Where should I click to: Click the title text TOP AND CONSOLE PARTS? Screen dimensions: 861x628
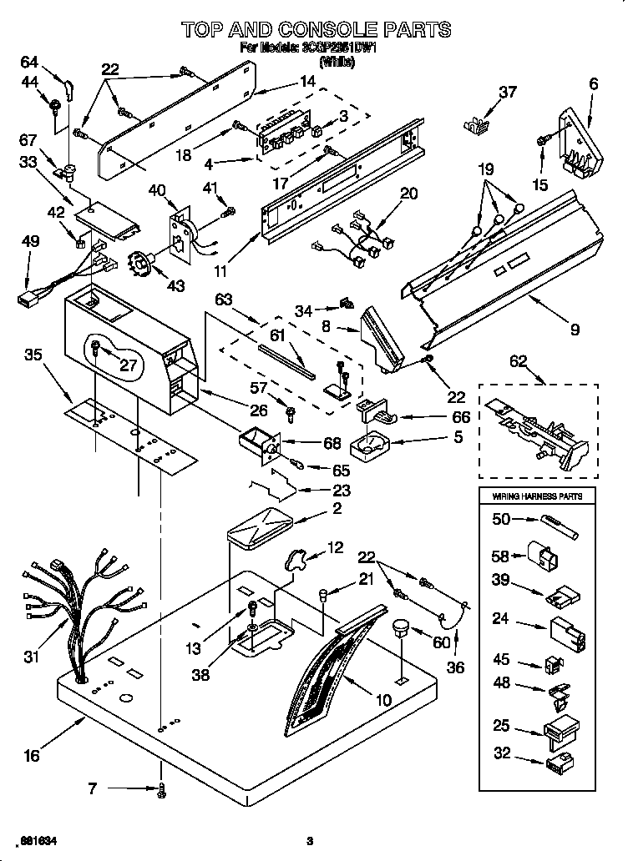pyautogui.click(x=316, y=29)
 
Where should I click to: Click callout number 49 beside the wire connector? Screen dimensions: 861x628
pyautogui.click(x=30, y=242)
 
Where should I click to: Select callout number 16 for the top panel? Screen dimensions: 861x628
pyautogui.click(x=31, y=756)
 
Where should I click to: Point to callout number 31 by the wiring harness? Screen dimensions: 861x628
pyautogui.click(x=31, y=657)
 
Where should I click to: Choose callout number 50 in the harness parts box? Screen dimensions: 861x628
pyautogui.click(x=501, y=520)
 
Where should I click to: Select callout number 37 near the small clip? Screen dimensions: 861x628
pyautogui.click(x=508, y=92)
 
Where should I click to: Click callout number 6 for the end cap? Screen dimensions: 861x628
pyautogui.click(x=594, y=83)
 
